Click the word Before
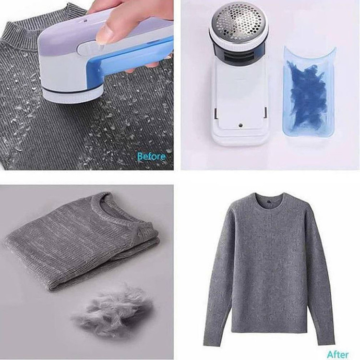[x=151, y=156]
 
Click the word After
[x=338, y=355]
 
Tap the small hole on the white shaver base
[x=240, y=125]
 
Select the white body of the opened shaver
[x=240, y=101]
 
